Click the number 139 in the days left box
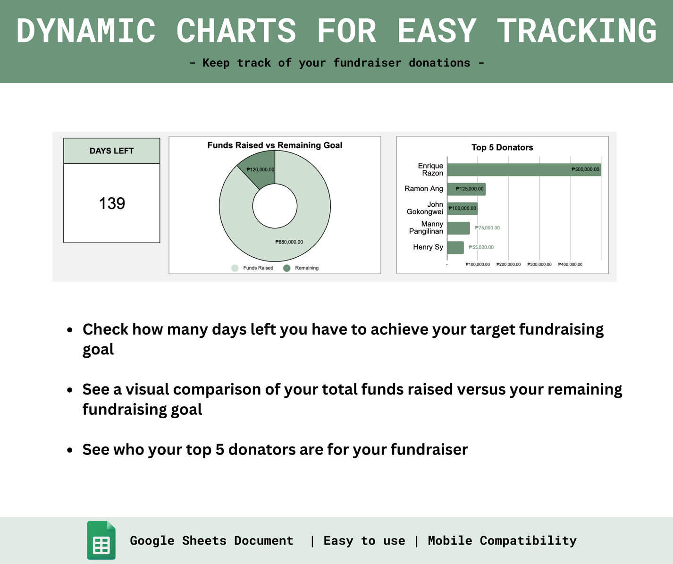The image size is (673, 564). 112,203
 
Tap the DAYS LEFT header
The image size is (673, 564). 112,151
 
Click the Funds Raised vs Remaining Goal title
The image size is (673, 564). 275,145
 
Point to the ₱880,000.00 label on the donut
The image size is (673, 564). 289,242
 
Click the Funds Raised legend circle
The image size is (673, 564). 235,268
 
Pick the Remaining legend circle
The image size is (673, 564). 286,268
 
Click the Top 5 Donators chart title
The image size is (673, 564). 502,147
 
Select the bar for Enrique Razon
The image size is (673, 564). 524,170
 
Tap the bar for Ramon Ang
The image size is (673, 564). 466,189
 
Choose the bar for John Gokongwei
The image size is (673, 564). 462,209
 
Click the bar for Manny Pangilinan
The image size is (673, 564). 458,228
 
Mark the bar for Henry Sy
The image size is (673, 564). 455,247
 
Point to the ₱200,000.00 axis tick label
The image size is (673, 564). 508,264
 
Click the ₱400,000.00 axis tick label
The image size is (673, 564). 570,264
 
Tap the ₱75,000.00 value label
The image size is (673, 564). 487,228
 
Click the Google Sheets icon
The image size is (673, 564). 101,540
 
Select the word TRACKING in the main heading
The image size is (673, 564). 576,31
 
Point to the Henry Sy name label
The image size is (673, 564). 428,247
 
